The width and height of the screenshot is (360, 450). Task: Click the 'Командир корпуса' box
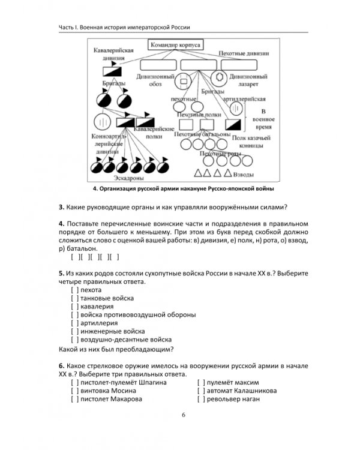(x=175, y=45)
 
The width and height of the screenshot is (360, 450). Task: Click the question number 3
(x=61, y=208)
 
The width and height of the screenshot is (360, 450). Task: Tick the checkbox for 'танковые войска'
(x=74, y=298)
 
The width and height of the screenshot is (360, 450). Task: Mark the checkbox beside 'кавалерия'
(x=74, y=307)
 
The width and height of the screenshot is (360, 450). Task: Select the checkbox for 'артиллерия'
(x=74, y=323)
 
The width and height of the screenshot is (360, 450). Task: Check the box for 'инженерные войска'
(x=74, y=331)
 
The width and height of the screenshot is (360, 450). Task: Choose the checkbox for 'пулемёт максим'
(x=201, y=382)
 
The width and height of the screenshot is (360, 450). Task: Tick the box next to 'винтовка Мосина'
(x=74, y=391)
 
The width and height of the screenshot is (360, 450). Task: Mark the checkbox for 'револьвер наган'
(x=201, y=399)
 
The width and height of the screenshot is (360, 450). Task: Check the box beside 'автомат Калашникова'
(x=201, y=391)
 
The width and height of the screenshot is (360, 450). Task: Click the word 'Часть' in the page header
(x=68, y=26)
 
